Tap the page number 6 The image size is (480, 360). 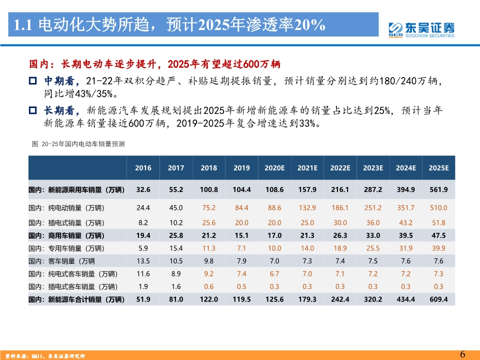click(462, 354)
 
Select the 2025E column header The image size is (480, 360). click(438, 168)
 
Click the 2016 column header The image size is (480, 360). click(143, 168)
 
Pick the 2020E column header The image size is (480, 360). click(274, 168)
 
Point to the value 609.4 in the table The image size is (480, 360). click(438, 299)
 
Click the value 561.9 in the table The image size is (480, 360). click(438, 190)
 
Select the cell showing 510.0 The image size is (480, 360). click(438, 207)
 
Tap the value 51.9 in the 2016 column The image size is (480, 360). click(143, 299)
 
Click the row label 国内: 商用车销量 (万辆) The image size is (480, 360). click(66, 235)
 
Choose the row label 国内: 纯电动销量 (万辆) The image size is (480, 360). click(66, 207)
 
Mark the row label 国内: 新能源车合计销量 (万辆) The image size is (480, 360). click(76, 299)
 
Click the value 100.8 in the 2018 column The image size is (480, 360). click(208, 190)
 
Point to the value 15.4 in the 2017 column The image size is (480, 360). click(176, 248)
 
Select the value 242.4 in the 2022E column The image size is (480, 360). click(340, 299)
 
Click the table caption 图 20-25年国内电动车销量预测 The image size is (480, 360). click(78, 144)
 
